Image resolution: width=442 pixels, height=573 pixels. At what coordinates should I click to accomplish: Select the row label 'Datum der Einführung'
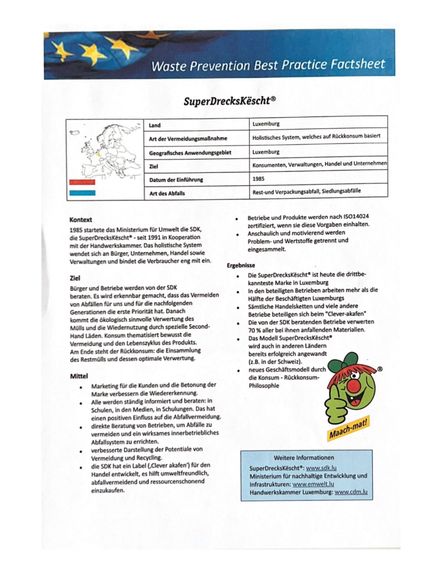point(176,180)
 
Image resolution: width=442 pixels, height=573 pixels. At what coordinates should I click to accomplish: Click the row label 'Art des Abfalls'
point(168,193)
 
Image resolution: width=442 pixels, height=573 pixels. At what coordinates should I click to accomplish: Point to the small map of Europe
point(104,149)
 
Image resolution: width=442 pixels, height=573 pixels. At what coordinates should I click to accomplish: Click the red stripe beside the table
point(82,182)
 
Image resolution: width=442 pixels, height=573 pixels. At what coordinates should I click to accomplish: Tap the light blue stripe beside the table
point(82,193)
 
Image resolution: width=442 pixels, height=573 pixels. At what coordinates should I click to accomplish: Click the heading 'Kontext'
point(81,220)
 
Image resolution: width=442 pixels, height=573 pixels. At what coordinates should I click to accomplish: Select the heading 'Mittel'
point(79,375)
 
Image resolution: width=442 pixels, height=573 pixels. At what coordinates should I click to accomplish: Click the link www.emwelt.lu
point(313,483)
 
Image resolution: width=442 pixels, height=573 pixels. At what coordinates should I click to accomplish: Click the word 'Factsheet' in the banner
point(358,64)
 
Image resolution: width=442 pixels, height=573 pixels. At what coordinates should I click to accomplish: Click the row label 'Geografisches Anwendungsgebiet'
point(190,152)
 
